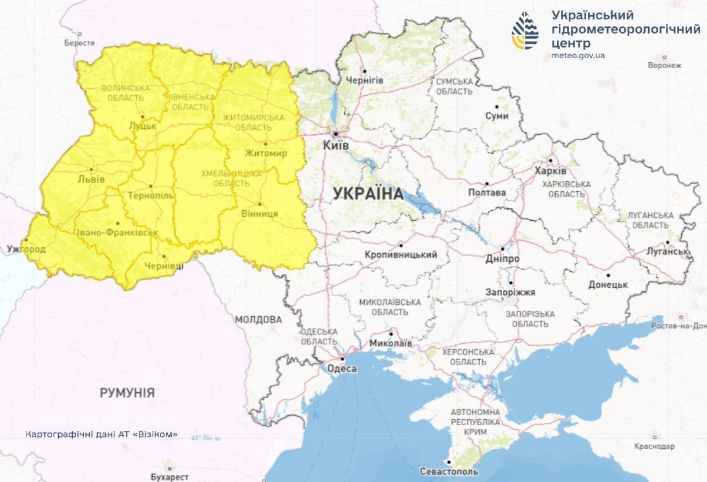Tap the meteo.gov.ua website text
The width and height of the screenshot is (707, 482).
577,56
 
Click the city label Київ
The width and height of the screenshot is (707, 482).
336,144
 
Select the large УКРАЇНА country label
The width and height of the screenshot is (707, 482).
367,194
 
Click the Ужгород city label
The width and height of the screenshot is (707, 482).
26,249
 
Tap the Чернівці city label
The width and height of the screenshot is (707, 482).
164,265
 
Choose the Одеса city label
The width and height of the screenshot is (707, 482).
342,369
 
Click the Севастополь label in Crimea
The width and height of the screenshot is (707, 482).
449,471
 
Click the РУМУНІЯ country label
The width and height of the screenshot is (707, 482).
127,393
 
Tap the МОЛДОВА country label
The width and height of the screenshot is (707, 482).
258,319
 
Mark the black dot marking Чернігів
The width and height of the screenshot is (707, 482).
364,71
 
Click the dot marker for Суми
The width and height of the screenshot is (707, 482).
497,106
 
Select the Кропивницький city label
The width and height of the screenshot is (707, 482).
401,255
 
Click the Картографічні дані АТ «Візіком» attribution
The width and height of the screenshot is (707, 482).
102,434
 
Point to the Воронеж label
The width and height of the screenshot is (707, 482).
664,65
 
